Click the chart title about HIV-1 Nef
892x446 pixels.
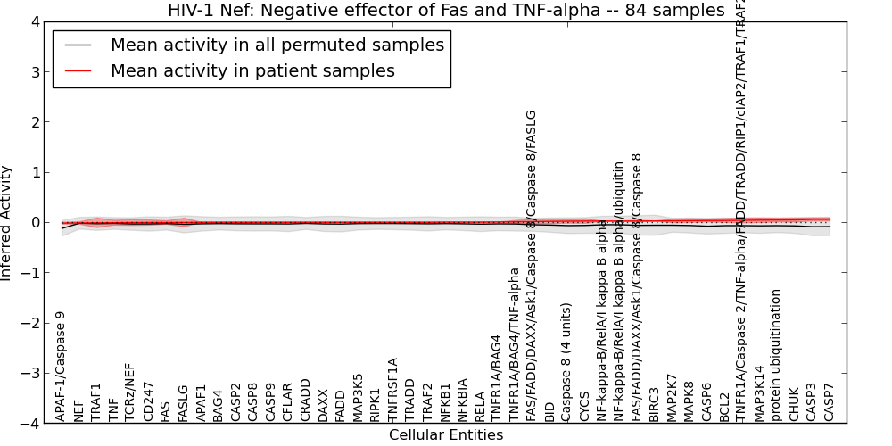point(446,11)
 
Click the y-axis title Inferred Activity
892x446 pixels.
point(7,223)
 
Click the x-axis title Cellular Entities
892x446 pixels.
point(446,435)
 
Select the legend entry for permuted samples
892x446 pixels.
point(277,45)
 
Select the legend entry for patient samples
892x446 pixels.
point(252,70)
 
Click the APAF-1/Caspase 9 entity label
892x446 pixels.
point(61,366)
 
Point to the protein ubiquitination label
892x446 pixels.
point(776,355)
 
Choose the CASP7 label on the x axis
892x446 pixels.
point(829,403)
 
